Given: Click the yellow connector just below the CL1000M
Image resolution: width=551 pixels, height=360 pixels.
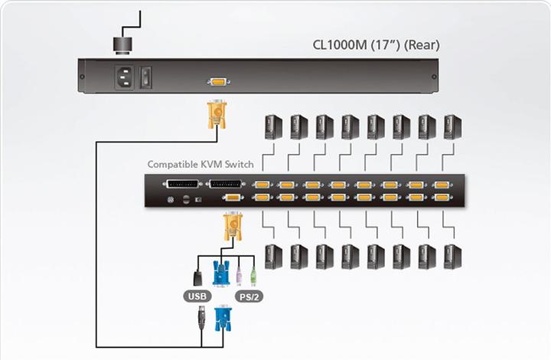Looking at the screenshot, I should coord(217,115).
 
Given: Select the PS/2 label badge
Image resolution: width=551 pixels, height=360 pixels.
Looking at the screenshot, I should coord(247,296).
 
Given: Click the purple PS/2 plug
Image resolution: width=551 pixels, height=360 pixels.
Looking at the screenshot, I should coord(240,273).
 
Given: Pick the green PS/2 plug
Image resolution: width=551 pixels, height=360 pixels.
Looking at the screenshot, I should coord(253,273).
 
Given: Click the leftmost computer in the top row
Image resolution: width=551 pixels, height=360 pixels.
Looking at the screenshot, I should coord(273,126).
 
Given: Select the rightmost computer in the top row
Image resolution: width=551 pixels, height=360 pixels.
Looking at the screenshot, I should coord(453,126).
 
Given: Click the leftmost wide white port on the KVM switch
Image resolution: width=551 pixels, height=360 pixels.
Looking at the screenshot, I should coord(182,185).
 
